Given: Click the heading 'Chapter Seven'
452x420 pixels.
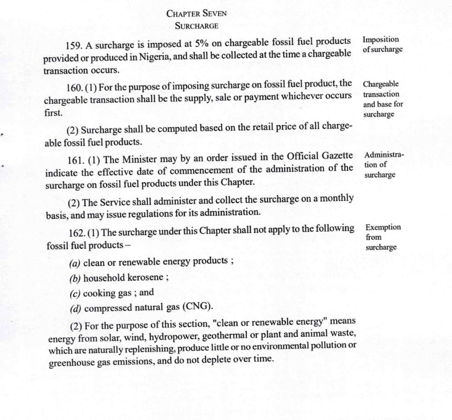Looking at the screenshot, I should (196, 14).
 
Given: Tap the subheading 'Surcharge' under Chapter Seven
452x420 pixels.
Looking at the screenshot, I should (196, 26).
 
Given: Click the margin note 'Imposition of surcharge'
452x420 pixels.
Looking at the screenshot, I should (382, 45).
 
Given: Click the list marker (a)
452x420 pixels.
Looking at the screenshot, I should (74, 263).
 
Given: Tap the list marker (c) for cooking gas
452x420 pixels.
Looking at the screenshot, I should (74, 293).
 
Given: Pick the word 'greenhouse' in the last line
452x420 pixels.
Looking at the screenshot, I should (71, 361).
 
